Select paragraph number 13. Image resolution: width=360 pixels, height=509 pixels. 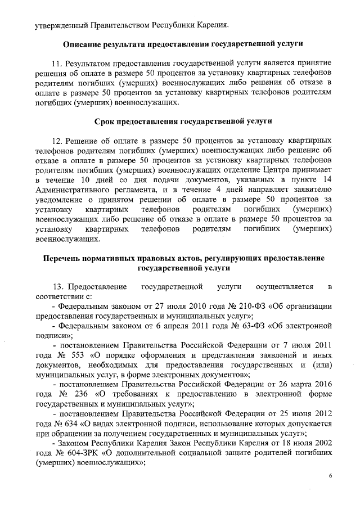click(58, 287)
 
